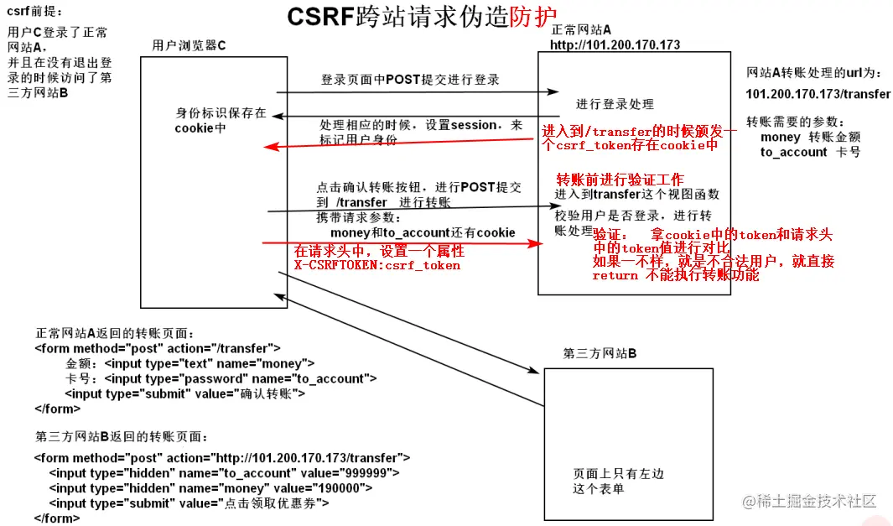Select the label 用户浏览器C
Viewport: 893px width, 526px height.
coord(190,45)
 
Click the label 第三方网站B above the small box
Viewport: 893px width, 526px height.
coord(600,353)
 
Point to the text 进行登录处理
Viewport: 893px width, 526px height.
coord(615,104)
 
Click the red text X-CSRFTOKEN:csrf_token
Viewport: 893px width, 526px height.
coord(376,265)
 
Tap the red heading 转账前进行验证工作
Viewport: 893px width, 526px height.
coord(620,180)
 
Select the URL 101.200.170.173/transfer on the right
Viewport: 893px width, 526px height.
coord(818,94)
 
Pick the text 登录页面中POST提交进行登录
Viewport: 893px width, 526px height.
coord(410,80)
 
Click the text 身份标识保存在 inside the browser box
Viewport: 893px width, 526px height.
coord(221,113)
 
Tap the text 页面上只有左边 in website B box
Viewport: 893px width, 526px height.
coord(618,474)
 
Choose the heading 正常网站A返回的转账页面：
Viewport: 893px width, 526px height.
coord(115,333)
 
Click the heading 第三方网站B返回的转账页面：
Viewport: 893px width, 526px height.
coord(122,437)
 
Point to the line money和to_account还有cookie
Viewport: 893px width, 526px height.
coord(423,232)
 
